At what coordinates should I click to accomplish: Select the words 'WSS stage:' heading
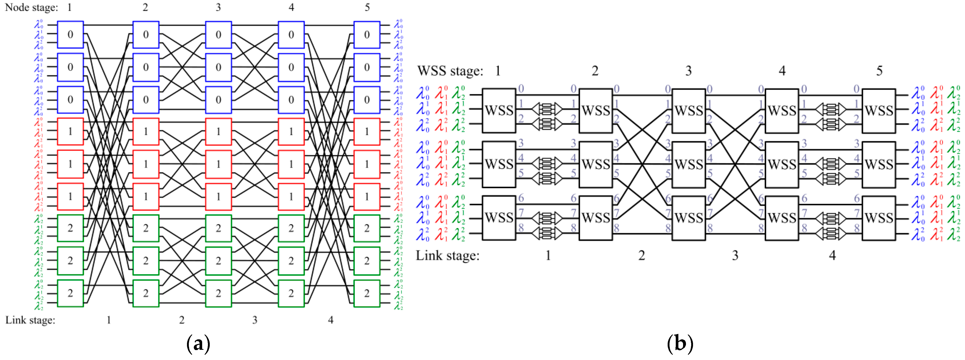pyautogui.click(x=450, y=71)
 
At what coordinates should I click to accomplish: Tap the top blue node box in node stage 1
pyautogui.click(x=70, y=35)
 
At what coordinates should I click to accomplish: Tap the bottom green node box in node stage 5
pyautogui.click(x=367, y=293)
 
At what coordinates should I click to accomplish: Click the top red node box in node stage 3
pyautogui.click(x=218, y=132)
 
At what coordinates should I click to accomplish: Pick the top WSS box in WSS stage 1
pyautogui.click(x=499, y=110)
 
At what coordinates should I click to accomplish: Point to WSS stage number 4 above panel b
pyautogui.click(x=782, y=71)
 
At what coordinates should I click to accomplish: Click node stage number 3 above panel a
pyautogui.click(x=218, y=7)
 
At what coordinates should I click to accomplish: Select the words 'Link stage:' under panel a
pyautogui.click(x=30, y=320)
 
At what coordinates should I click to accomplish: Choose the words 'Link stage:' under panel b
pyautogui.click(x=448, y=256)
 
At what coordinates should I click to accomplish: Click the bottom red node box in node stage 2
pyautogui.click(x=146, y=196)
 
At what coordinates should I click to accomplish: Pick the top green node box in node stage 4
pyautogui.click(x=291, y=228)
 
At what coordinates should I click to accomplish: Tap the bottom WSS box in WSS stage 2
pyautogui.click(x=596, y=218)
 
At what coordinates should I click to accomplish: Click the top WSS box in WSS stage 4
pyautogui.click(x=782, y=110)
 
